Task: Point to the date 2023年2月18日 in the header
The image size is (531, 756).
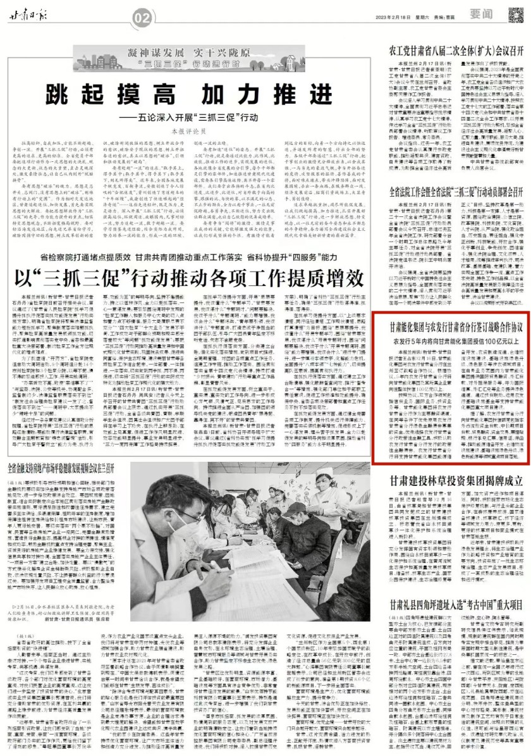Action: pyautogui.click(x=393, y=17)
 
